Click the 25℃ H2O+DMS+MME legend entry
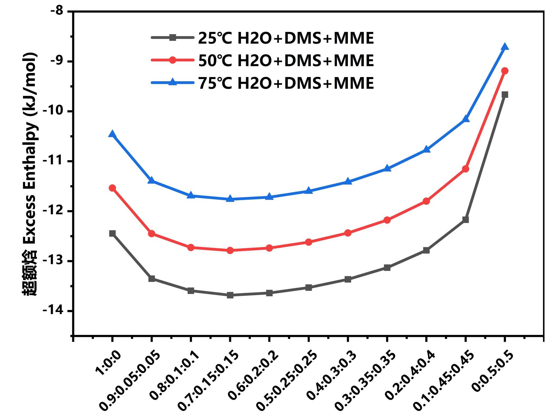pyautogui.click(x=286, y=38)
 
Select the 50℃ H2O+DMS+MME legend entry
pyautogui.click(x=286, y=60)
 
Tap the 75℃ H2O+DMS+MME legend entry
pyautogui.click(x=286, y=83)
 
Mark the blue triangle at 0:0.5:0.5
pyautogui.click(x=505, y=47)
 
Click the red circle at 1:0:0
pyautogui.click(x=112, y=188)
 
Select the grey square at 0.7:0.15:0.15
pyautogui.click(x=230, y=295)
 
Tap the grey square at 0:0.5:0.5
pyautogui.click(x=505, y=95)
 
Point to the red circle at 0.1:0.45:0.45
pyautogui.click(x=465, y=169)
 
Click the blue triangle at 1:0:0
pyautogui.click(x=112, y=134)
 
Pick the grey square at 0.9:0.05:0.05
pyautogui.click(x=152, y=279)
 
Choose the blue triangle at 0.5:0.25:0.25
pyautogui.click(x=309, y=191)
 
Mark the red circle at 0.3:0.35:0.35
pyautogui.click(x=387, y=220)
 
